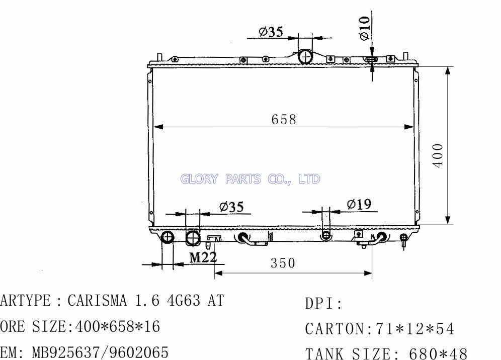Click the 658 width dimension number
284,120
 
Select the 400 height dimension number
438,155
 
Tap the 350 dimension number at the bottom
283,263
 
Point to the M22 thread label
203,257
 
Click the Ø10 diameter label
365,28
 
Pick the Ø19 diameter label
359,204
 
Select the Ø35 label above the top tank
271,32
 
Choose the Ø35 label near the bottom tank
232,207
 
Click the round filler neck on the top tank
306,57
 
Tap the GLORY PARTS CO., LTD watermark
250,179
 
